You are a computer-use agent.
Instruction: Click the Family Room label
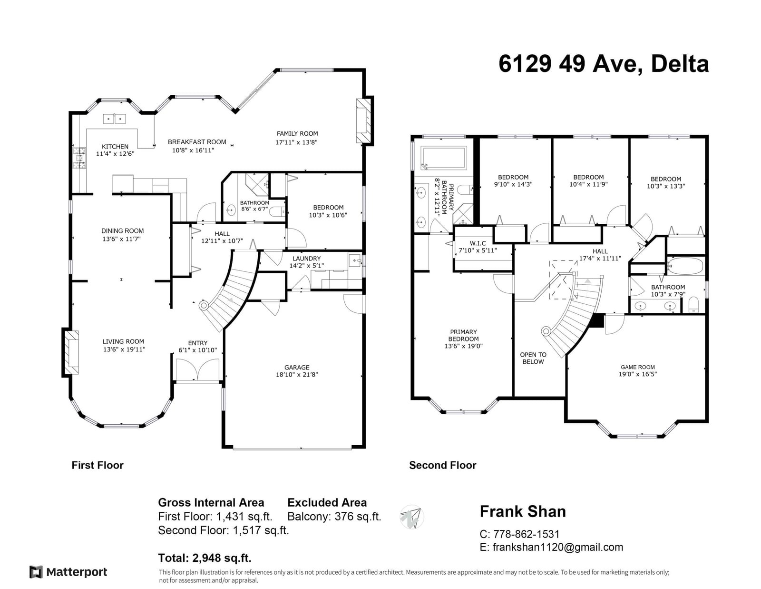click(297, 134)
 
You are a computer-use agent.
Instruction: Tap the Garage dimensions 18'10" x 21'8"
click(297, 374)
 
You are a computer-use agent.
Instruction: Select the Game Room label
click(638, 367)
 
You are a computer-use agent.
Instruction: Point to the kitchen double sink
click(115, 119)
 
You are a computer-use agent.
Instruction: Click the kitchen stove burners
click(79, 158)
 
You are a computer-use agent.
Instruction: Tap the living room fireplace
click(71, 352)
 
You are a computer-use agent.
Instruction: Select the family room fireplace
click(363, 120)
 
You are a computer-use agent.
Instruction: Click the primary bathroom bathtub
click(444, 158)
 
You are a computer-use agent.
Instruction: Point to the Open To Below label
click(533, 358)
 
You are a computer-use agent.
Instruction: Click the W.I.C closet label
click(478, 243)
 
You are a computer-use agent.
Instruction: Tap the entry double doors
click(197, 369)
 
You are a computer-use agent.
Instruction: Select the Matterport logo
click(68, 572)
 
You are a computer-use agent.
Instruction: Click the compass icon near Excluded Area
click(411, 517)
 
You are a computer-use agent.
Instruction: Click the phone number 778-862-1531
click(527, 534)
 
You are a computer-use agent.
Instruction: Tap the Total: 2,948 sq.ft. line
click(205, 558)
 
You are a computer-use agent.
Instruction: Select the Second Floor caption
click(443, 465)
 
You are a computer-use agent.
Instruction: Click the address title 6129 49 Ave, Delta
click(604, 64)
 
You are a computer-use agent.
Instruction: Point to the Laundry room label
click(306, 259)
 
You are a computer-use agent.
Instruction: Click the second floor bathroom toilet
click(693, 305)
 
